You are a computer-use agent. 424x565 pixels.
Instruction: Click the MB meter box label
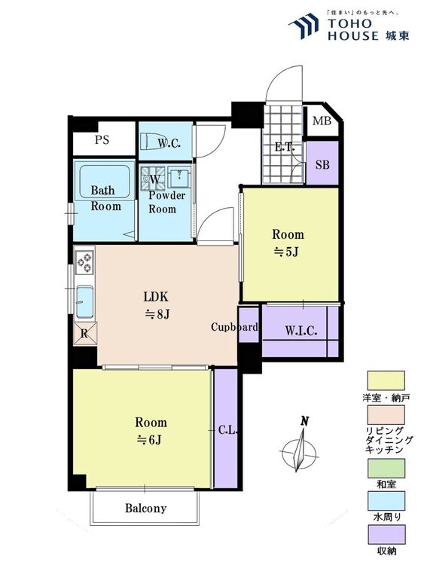pyautogui.click(x=322, y=121)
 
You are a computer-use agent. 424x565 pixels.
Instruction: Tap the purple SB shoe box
pyautogui.click(x=322, y=163)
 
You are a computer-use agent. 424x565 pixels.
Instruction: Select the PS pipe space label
pyautogui.click(x=102, y=139)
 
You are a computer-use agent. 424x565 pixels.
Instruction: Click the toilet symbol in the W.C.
pyautogui.click(x=150, y=140)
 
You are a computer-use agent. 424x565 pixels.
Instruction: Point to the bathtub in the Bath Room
pyautogui.click(x=104, y=182)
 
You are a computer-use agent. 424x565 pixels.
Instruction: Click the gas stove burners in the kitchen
pyautogui.click(x=85, y=262)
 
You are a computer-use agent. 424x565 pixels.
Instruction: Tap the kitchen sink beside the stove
pyautogui.click(x=84, y=302)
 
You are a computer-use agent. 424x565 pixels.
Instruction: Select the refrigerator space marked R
pyautogui.click(x=85, y=333)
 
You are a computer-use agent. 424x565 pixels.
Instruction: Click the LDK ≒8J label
pyautogui.click(x=157, y=306)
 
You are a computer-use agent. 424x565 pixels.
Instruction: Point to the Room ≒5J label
pyautogui.click(x=288, y=243)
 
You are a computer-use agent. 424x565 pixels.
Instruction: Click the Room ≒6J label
pyautogui.click(x=151, y=431)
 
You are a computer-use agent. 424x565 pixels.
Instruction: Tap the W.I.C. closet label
pyautogui.click(x=301, y=331)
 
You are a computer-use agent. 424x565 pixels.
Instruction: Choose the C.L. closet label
pyautogui.click(x=228, y=430)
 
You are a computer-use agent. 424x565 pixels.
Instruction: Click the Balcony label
pyautogui.click(x=145, y=508)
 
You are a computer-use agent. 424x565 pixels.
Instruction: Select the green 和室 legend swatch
pyautogui.click(x=386, y=468)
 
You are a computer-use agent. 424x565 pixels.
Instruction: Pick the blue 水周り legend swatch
pyautogui.click(x=386, y=501)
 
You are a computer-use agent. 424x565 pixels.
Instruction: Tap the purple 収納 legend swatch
pyautogui.click(x=386, y=534)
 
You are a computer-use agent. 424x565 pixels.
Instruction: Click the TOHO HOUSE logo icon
pyautogui.click(x=304, y=26)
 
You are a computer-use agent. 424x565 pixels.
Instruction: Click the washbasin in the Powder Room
pyautogui.click(x=179, y=177)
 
